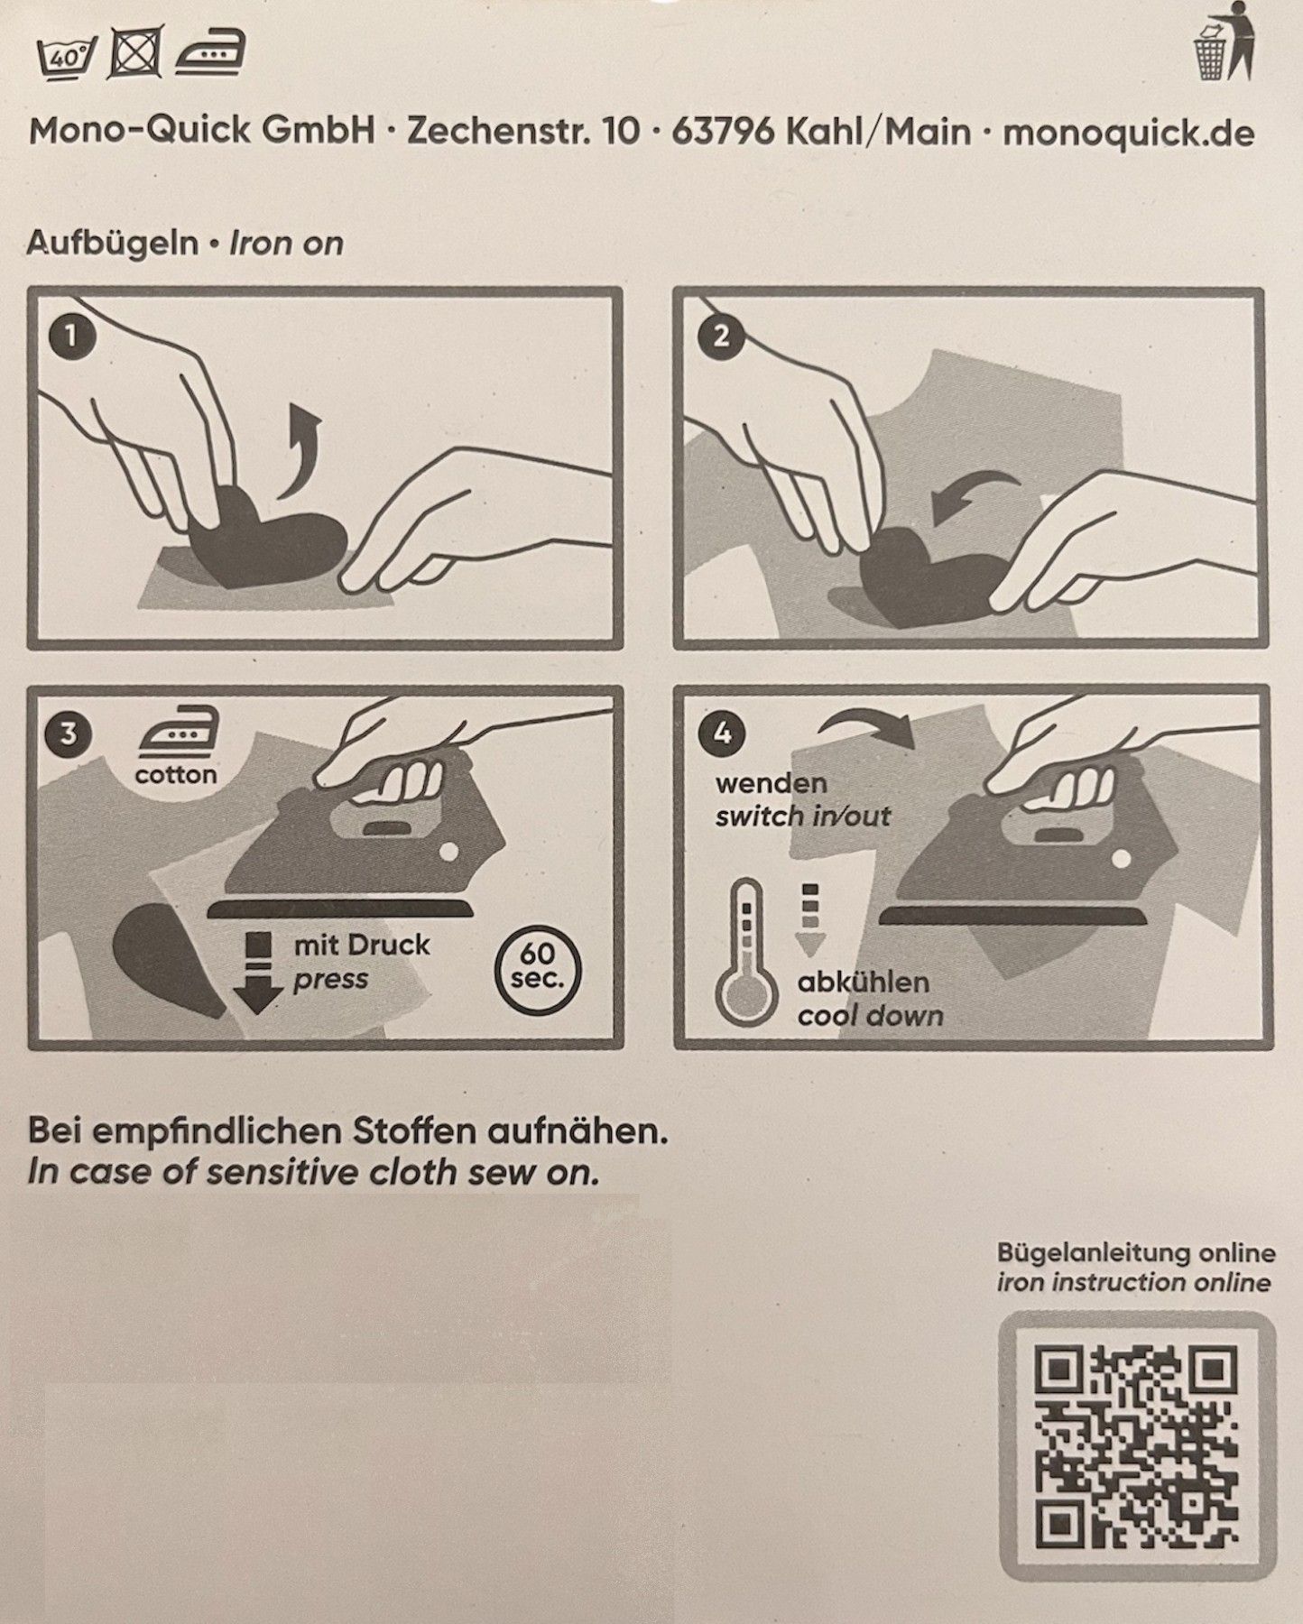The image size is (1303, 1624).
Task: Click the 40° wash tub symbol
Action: (x=68, y=57)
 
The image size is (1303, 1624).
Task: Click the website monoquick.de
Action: (x=1128, y=133)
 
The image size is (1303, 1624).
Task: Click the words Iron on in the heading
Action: (x=286, y=244)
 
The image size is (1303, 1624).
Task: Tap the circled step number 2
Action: (x=721, y=336)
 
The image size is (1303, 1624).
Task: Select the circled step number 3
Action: (x=68, y=734)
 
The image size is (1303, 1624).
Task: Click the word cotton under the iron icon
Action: (x=176, y=775)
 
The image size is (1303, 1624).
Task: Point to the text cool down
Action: (x=870, y=1017)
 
